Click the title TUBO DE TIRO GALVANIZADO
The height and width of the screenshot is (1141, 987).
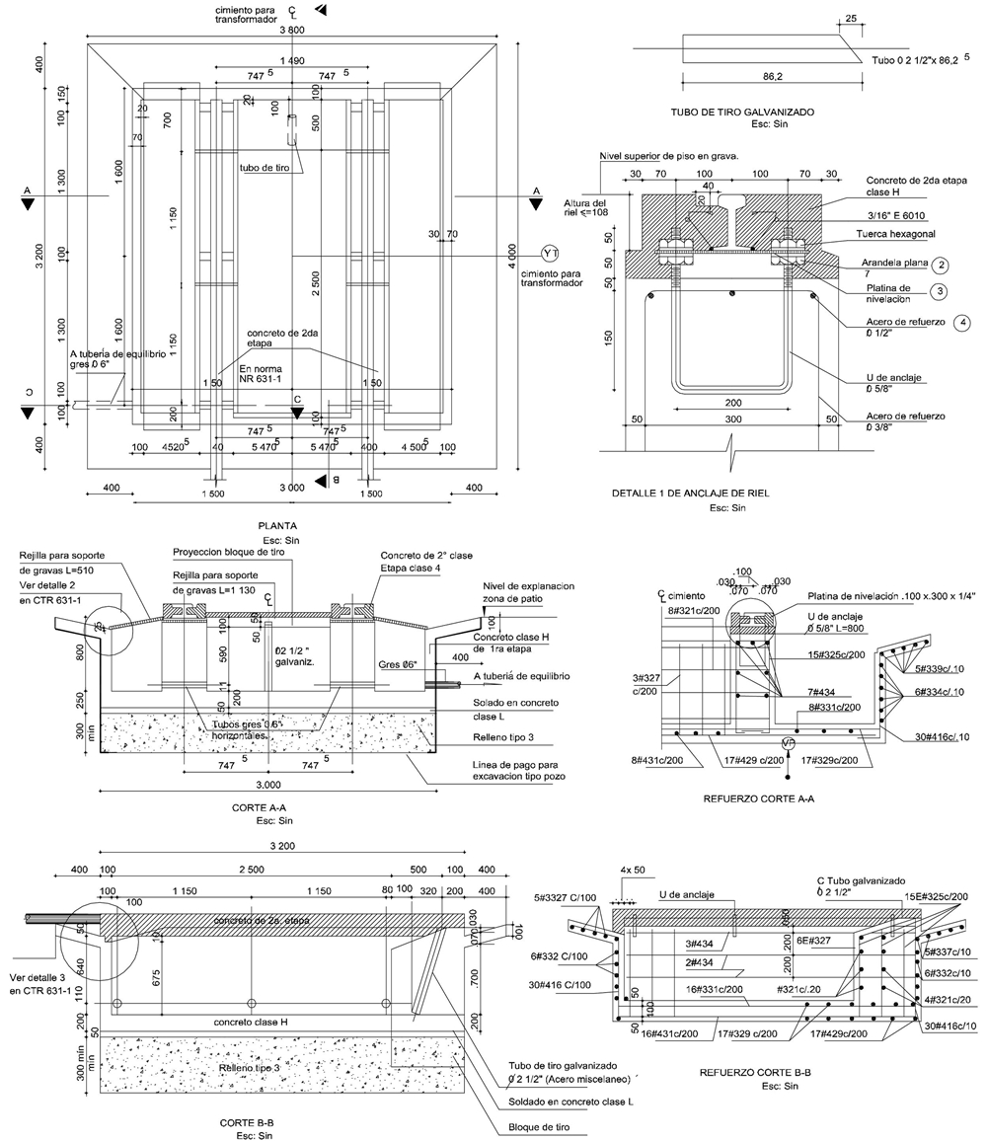pyautogui.click(x=741, y=113)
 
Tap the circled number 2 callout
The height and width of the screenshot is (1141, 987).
pyautogui.click(x=943, y=266)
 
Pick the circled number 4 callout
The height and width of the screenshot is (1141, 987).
pyautogui.click(x=962, y=322)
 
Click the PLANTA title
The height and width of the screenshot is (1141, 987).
pyautogui.click(x=276, y=526)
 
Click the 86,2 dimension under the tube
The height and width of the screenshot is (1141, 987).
pyautogui.click(x=753, y=75)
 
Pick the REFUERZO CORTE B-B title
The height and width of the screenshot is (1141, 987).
pyautogui.click(x=755, y=1071)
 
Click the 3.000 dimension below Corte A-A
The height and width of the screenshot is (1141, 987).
pyautogui.click(x=264, y=784)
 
